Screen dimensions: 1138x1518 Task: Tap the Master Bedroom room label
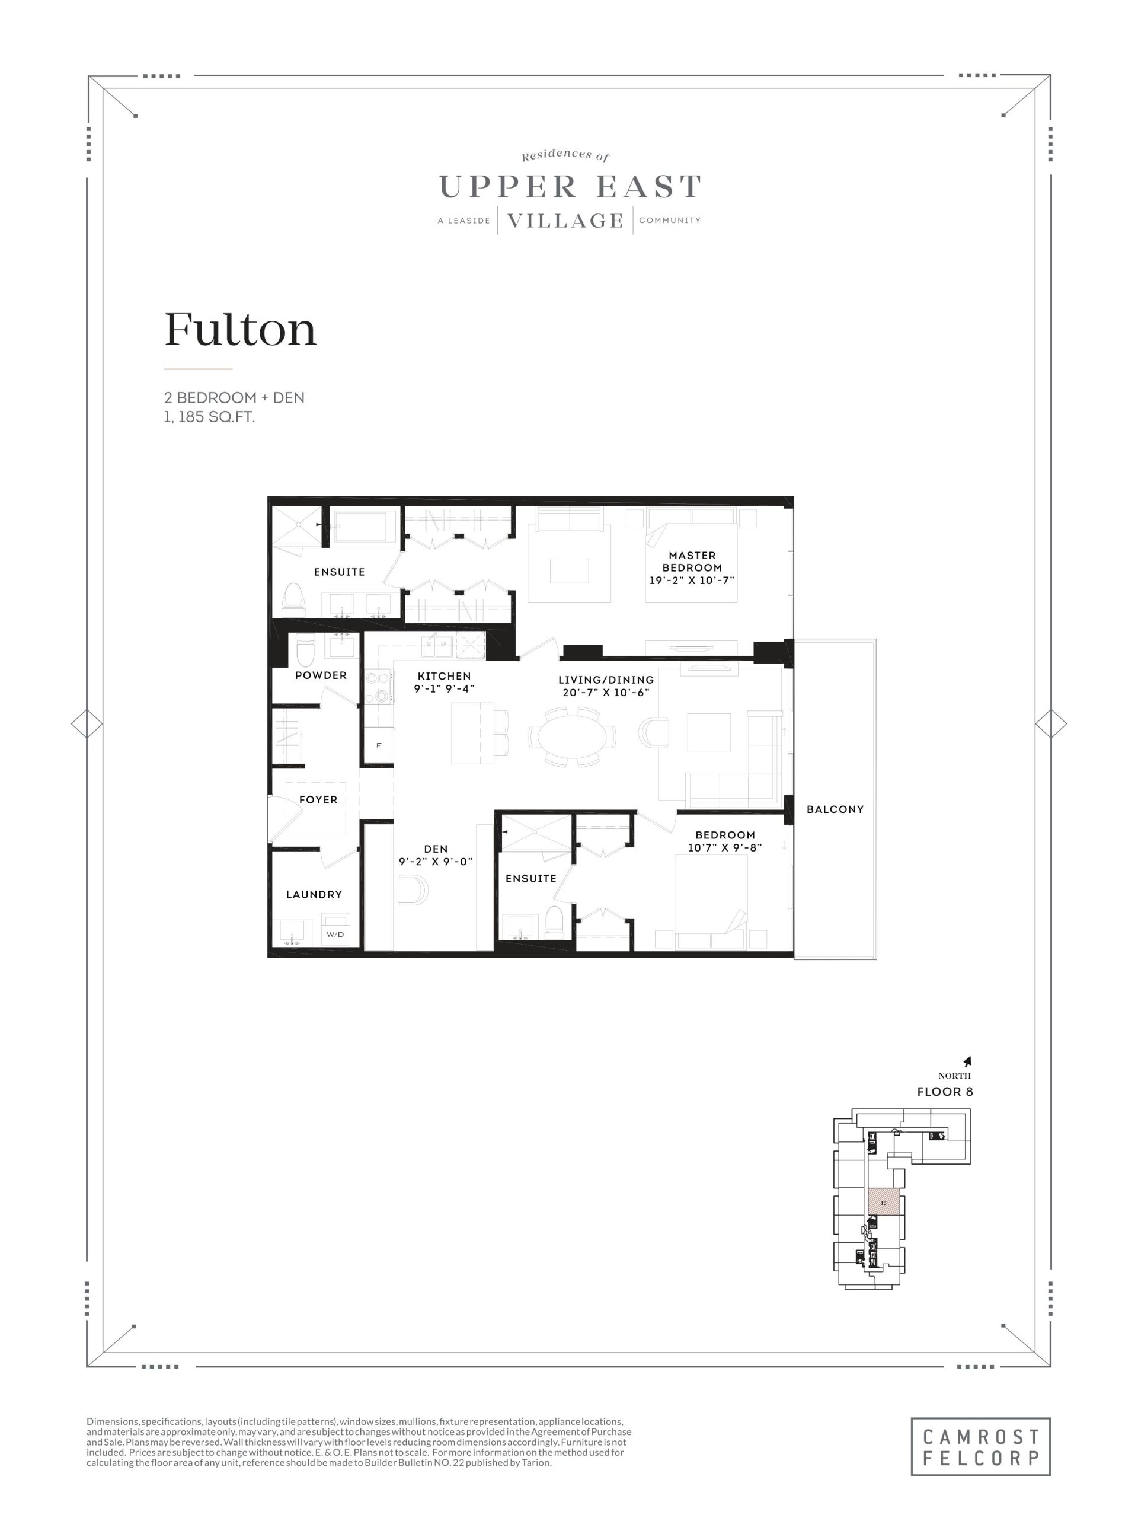pos(692,562)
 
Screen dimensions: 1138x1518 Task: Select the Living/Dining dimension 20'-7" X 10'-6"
pos(606,693)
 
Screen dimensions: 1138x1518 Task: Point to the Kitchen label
pos(444,676)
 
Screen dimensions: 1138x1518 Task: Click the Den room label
pos(436,849)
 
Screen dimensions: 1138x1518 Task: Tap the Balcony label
pos(835,809)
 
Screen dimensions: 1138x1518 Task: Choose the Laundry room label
pos(314,894)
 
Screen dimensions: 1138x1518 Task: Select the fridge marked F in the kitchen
pos(379,745)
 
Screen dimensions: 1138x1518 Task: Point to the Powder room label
pos(320,675)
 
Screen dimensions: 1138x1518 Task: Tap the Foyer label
pos(318,799)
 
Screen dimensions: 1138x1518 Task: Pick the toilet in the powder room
pos(305,650)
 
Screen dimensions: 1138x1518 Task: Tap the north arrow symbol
pos(967,1061)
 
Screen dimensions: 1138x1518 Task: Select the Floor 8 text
pos(945,1092)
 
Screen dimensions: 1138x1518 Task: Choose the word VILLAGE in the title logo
pos(565,221)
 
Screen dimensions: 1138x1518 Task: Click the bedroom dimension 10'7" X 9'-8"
pos(725,847)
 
